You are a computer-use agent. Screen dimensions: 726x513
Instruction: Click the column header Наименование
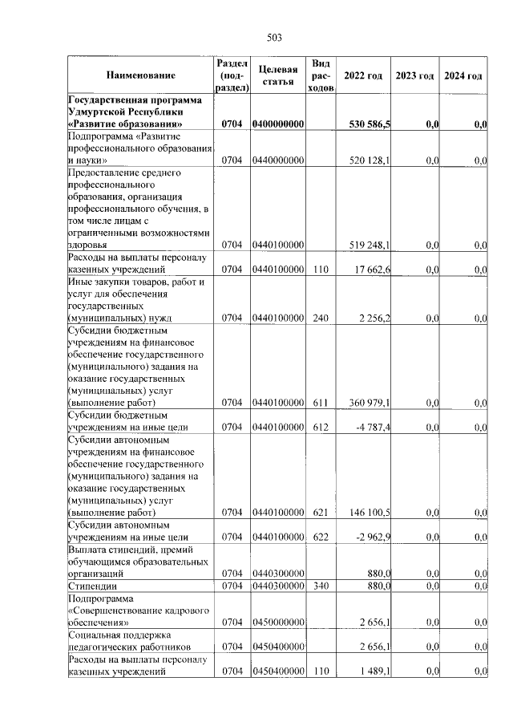click(x=140, y=75)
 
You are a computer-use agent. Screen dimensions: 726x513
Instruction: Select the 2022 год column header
click(x=363, y=75)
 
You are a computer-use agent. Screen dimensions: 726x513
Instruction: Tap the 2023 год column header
click(x=414, y=75)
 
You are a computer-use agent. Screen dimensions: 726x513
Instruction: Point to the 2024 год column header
click(x=463, y=75)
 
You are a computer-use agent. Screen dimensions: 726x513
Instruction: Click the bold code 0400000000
click(x=278, y=124)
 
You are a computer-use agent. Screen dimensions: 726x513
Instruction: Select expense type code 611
click(x=321, y=403)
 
